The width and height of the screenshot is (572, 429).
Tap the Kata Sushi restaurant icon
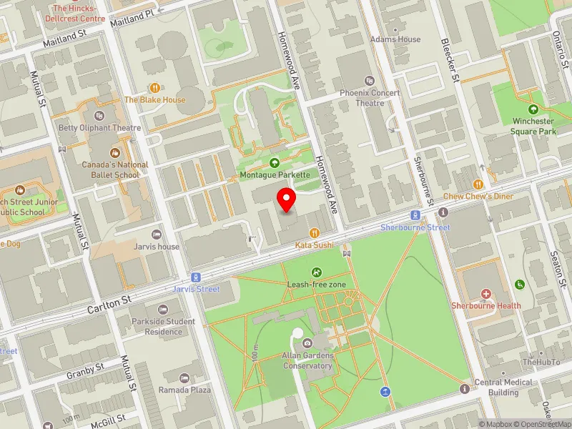click(x=315, y=232)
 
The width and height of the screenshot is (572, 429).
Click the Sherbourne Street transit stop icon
click(x=415, y=215)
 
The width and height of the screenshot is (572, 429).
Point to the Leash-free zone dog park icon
click(x=317, y=272)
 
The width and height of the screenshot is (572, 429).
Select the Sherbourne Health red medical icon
click(x=486, y=294)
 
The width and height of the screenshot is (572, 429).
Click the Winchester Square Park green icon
click(x=533, y=109)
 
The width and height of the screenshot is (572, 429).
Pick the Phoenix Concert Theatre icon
click(x=370, y=81)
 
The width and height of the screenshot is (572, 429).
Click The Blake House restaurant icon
click(x=154, y=88)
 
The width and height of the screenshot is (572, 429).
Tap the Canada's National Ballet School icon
click(x=114, y=153)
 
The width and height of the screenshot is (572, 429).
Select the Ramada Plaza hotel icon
click(x=185, y=378)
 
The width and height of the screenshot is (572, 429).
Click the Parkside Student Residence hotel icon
click(x=163, y=310)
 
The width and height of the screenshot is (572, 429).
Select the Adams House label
click(x=395, y=39)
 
